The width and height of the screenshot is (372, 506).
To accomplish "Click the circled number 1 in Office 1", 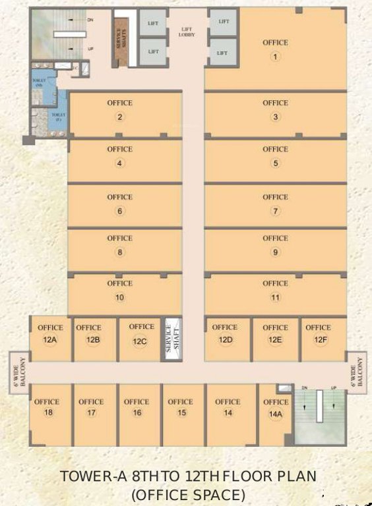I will tap(275, 57).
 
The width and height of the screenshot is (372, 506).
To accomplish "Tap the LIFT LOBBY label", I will tap(187, 32).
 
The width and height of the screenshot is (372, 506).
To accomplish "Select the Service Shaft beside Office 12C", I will tap(171, 339).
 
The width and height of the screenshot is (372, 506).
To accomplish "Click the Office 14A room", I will tap(275, 412).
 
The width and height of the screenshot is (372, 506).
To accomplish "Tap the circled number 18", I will tap(47, 413).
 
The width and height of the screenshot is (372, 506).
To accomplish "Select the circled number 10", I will tap(119, 297).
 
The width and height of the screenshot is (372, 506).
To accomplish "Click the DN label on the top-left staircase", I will tap(90, 20).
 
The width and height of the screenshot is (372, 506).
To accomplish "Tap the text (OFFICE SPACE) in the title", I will tap(188, 494).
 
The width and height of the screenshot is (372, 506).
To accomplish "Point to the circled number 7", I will tap(275, 211).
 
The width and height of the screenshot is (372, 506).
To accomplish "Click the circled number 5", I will tap(275, 163).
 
